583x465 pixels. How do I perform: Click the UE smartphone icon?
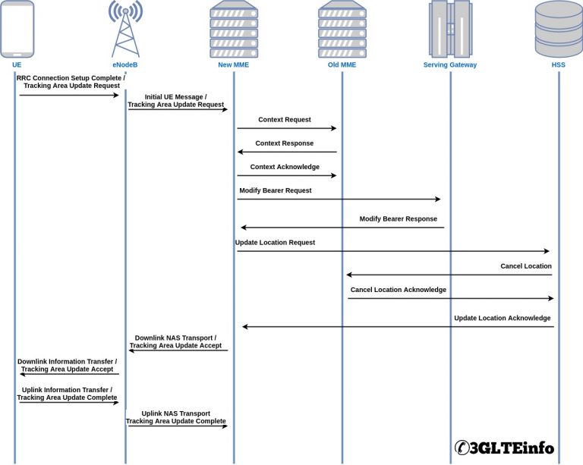point(17,29)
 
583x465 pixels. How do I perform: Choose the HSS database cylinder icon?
point(559,29)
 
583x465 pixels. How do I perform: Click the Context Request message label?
point(284,120)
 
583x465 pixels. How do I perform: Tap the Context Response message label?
point(284,143)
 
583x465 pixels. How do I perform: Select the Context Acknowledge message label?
point(284,167)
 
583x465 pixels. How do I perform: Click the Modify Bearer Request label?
point(276,190)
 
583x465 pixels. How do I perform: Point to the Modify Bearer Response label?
point(399,218)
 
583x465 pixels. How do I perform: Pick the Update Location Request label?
point(275,243)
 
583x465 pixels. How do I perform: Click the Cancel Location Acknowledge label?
point(399,290)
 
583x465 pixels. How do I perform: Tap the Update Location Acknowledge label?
point(503,318)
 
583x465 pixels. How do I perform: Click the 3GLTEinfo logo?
point(504,448)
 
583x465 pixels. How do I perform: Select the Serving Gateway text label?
point(450,65)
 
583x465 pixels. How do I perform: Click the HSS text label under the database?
point(559,65)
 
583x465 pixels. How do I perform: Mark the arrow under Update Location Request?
point(392,251)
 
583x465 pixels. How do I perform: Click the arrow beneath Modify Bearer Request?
point(339,200)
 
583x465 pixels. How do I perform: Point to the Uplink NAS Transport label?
point(176,413)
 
